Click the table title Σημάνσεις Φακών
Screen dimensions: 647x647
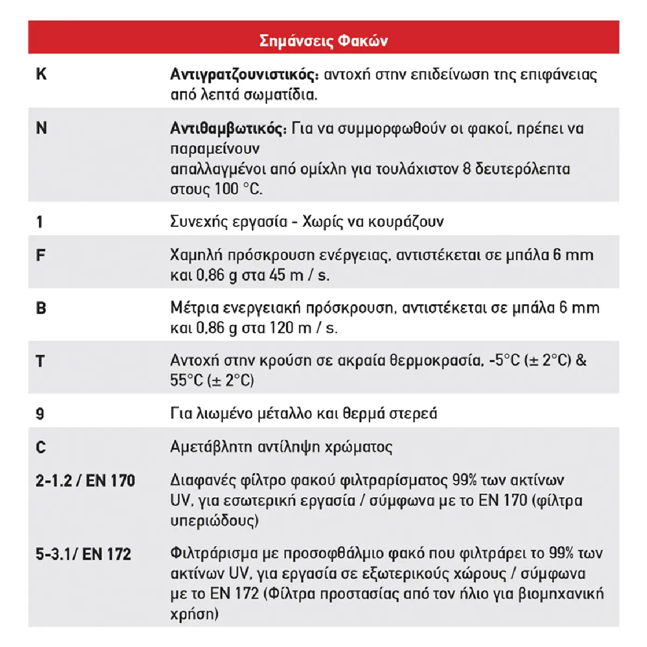pyautogui.click(x=323, y=40)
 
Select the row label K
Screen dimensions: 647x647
pyautogui.click(x=41, y=74)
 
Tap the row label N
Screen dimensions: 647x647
pyautogui.click(x=42, y=128)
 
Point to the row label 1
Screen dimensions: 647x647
pyautogui.click(x=39, y=222)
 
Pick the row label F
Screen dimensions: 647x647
pyautogui.click(x=40, y=255)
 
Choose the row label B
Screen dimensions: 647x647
pyautogui.click(x=41, y=308)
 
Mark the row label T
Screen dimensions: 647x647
pyautogui.click(x=40, y=361)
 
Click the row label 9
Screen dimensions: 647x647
pyautogui.click(x=40, y=414)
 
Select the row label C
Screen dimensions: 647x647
pyautogui.click(x=41, y=447)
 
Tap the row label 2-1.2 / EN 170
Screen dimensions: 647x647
pyautogui.click(x=85, y=480)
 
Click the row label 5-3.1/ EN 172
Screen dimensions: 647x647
pyautogui.click(x=84, y=554)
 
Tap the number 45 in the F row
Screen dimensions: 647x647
pyautogui.click(x=277, y=275)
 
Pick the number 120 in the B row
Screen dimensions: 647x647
pyautogui.click(x=281, y=328)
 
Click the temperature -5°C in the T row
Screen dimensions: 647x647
pyautogui.click(x=505, y=360)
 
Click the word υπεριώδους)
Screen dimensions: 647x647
pyautogui.click(x=215, y=521)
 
